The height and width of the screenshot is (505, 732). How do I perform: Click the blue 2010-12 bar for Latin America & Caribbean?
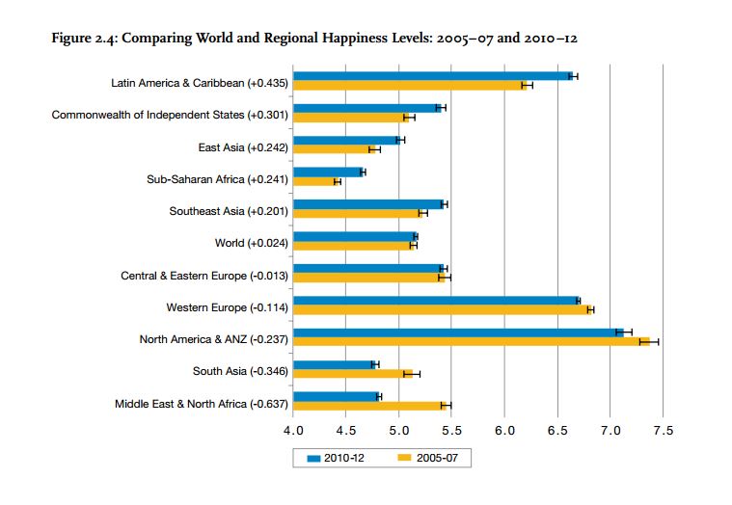[434, 75]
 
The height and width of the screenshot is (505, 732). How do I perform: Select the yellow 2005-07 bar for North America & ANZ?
[473, 341]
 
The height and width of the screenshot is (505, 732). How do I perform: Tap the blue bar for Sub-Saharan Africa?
[328, 172]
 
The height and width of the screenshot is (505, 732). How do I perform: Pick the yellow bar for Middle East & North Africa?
[366, 406]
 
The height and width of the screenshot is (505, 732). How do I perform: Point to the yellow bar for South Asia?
[352, 373]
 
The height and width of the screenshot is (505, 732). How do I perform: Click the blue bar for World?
[354, 236]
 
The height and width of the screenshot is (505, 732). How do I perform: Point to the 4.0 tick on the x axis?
[293, 430]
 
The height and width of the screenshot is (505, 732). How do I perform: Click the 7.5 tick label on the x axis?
[663, 430]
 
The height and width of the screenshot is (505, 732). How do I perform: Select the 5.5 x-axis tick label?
[451, 430]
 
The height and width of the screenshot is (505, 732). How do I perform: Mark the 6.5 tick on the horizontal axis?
[557, 430]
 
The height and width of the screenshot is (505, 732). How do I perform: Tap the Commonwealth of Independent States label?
[170, 116]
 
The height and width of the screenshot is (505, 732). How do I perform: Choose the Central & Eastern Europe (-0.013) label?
[203, 276]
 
